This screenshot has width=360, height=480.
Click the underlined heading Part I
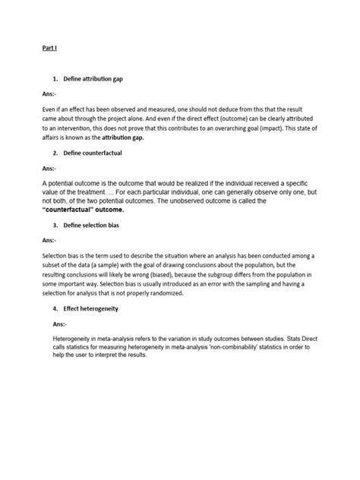(x=49, y=48)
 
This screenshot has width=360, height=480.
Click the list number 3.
(x=55, y=226)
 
